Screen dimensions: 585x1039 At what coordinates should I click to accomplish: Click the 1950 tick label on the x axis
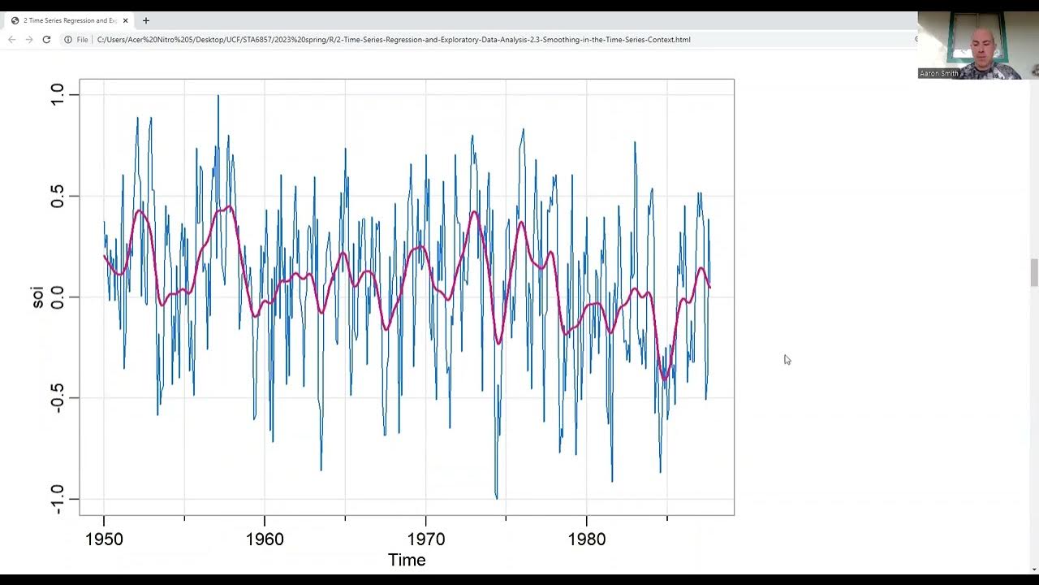[x=104, y=539]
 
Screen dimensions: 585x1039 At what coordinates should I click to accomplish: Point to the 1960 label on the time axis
[x=265, y=539]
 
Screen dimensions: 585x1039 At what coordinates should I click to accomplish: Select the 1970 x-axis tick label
[x=425, y=539]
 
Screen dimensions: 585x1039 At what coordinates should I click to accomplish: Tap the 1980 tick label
[x=586, y=539]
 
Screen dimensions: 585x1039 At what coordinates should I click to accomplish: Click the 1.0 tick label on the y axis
[x=57, y=95]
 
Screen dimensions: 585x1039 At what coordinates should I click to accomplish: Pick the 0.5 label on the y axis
[x=57, y=196]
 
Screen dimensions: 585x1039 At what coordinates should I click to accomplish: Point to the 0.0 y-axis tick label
[x=57, y=297]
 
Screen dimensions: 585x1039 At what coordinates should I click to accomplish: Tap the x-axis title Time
[x=407, y=560]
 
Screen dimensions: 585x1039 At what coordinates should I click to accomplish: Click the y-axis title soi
[x=37, y=297]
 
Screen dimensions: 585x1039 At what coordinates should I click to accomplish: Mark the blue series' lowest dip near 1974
[x=496, y=496]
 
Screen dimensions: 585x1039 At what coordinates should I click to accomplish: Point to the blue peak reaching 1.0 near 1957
[x=218, y=97]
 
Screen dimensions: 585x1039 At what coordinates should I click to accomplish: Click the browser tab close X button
[x=126, y=20]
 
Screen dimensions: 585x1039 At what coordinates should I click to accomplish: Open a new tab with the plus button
[x=146, y=20]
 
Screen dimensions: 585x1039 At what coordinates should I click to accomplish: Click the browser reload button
[x=46, y=39]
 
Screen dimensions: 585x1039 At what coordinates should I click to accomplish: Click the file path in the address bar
[x=394, y=39]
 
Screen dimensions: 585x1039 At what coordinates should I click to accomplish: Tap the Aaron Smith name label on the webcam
[x=939, y=73]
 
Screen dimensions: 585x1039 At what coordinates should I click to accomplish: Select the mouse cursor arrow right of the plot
[x=787, y=359]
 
